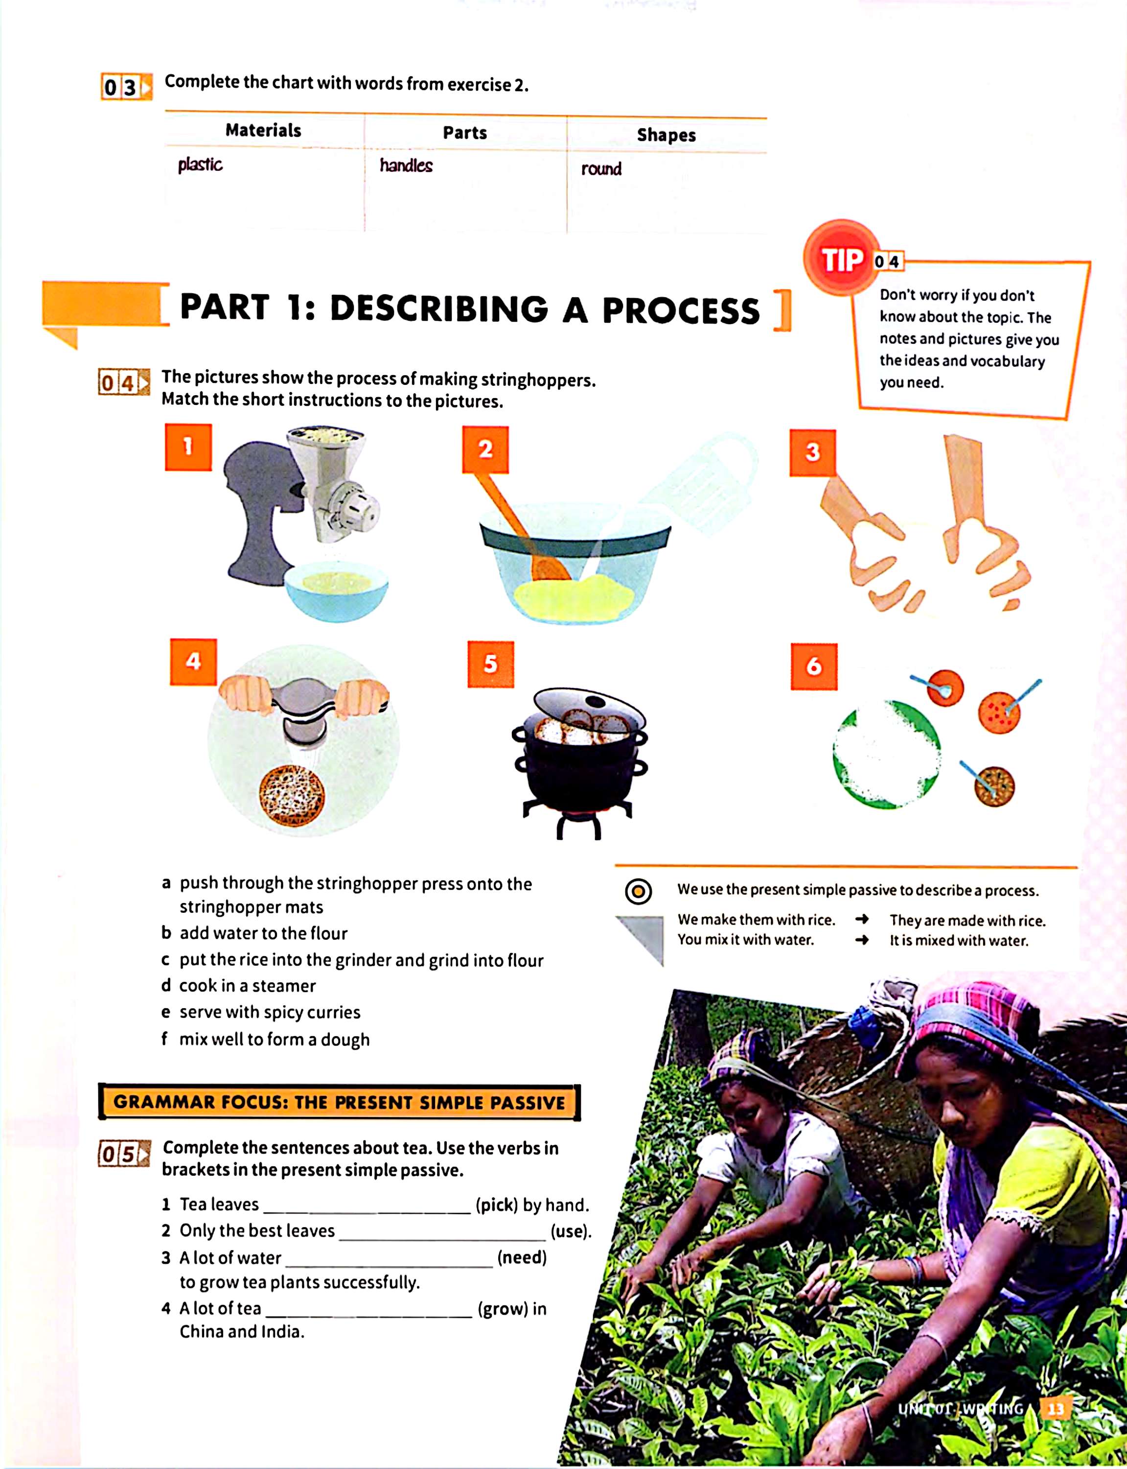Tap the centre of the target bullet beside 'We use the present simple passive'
pyautogui.click(x=638, y=891)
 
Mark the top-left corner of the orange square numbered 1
pyautogui.click(x=165, y=424)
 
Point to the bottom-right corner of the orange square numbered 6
pyautogui.click(x=837, y=690)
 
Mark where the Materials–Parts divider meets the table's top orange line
pyautogui.click(x=364, y=114)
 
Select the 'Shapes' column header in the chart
pyautogui.click(x=666, y=135)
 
